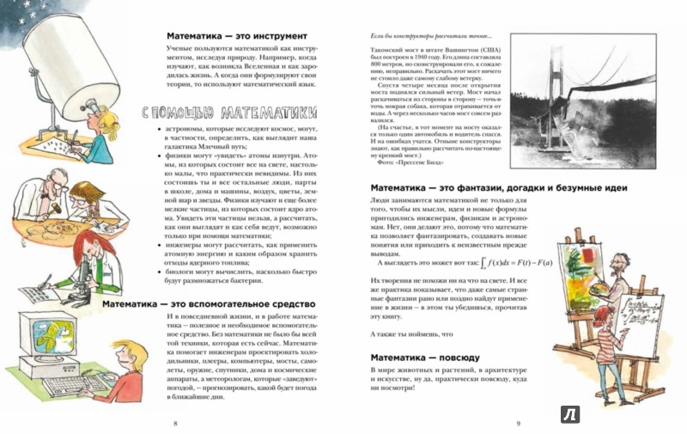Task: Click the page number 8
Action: pos(175,424)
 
